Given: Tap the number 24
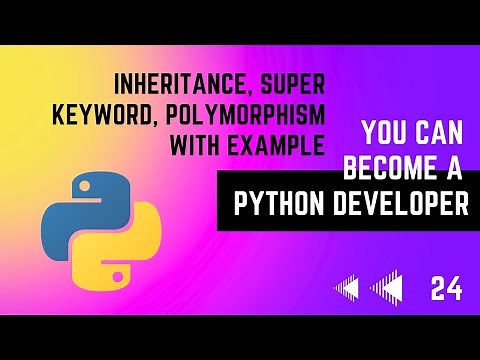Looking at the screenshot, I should pos(446,289).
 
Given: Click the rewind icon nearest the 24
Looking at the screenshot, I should pos(387,289).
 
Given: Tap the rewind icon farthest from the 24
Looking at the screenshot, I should pos(346,289).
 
